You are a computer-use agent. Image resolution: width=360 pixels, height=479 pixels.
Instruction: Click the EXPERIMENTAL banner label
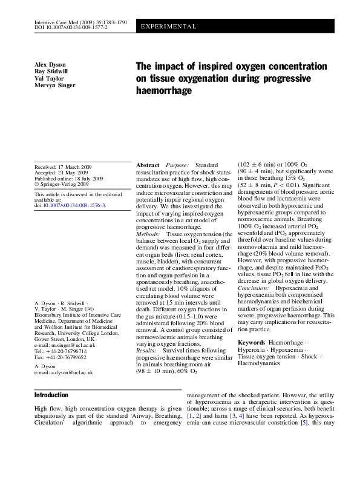168,27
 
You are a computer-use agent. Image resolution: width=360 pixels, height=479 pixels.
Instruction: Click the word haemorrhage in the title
163,90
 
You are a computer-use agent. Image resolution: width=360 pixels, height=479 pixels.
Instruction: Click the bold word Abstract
148,165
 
